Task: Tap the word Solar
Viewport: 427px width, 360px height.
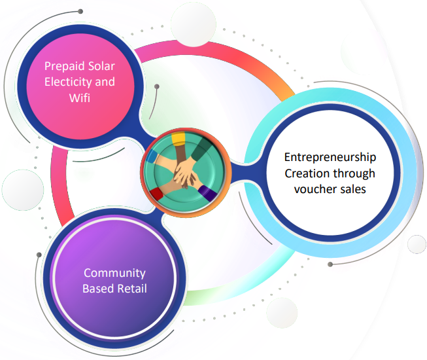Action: click(x=101, y=66)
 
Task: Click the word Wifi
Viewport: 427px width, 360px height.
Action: click(x=80, y=98)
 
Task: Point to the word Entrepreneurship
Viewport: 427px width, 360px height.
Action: click(x=330, y=158)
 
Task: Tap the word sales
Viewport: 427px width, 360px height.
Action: click(x=352, y=189)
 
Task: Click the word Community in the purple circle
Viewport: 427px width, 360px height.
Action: click(x=114, y=273)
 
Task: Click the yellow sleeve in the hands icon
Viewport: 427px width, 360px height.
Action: click(x=179, y=139)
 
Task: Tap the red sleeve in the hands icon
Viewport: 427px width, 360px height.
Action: click(x=157, y=194)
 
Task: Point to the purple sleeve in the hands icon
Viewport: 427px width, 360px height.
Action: click(x=207, y=193)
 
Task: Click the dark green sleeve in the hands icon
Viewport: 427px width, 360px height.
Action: click(x=202, y=149)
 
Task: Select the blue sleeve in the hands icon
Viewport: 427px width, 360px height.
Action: click(x=152, y=156)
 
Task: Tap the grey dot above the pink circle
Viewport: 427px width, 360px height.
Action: click(x=80, y=11)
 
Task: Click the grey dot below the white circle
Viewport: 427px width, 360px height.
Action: click(x=330, y=264)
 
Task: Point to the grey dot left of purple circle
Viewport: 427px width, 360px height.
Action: click(x=39, y=255)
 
